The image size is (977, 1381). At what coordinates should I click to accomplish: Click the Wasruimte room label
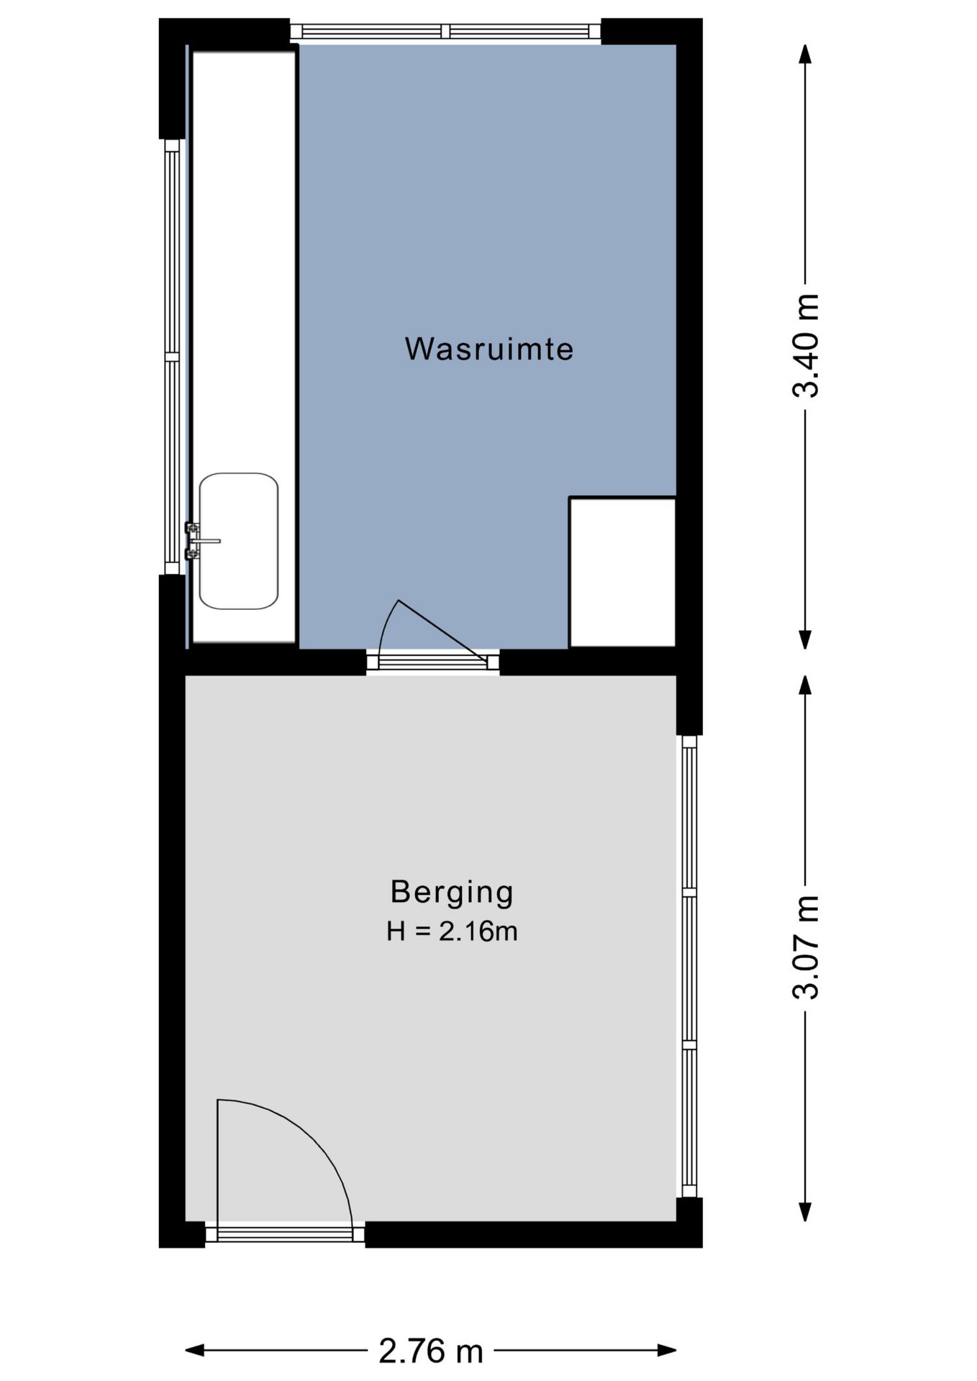click(488, 350)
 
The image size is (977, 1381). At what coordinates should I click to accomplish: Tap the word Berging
click(452, 892)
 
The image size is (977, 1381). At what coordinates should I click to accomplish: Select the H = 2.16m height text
click(452, 931)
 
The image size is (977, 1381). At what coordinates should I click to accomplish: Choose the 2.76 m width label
click(430, 1351)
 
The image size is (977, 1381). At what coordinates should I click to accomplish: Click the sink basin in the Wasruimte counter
click(239, 541)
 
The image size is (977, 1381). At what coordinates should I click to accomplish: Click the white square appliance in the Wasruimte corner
click(622, 572)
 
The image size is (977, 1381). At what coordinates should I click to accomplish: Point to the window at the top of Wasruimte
click(445, 31)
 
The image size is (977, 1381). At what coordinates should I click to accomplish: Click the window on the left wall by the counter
click(171, 356)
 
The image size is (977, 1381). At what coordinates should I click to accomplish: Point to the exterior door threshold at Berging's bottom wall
click(285, 1236)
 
